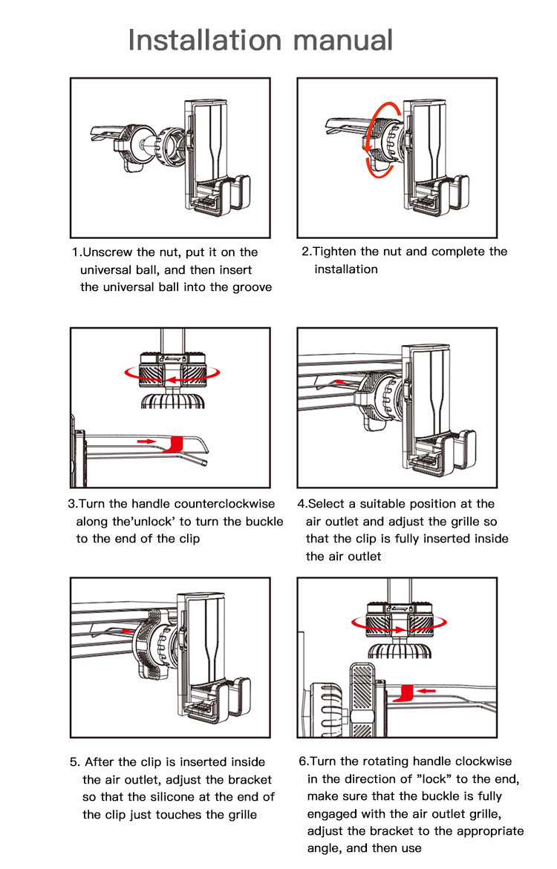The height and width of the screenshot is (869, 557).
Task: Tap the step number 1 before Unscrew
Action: pyautogui.click(x=75, y=252)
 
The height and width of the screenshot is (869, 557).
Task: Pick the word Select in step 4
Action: pyautogui.click(x=327, y=504)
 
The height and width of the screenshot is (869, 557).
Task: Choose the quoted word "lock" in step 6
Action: pyautogui.click(x=433, y=779)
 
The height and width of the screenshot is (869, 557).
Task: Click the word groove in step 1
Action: pyautogui.click(x=250, y=287)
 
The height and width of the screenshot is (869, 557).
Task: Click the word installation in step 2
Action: pyautogui.click(x=346, y=269)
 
